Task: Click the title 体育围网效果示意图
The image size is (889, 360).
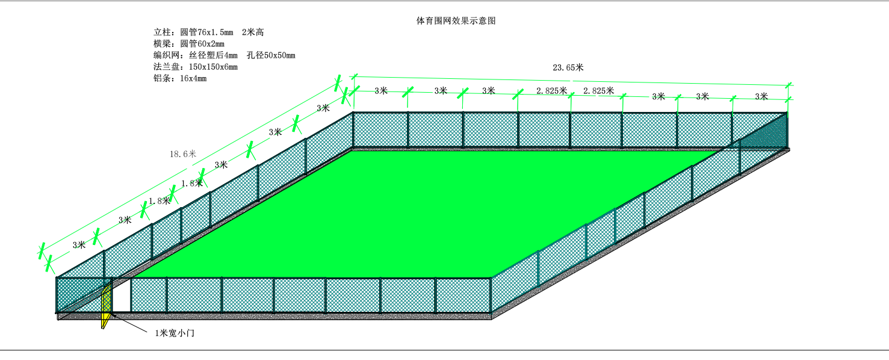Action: pos(456,20)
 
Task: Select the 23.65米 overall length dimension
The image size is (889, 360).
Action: pos(568,67)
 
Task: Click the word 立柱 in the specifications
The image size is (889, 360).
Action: pos(162,33)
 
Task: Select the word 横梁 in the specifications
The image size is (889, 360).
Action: pos(162,44)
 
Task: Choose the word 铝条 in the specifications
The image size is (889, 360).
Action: pos(162,78)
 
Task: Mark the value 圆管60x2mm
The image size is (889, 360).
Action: pos(202,44)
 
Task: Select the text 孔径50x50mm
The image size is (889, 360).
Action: pos(271,55)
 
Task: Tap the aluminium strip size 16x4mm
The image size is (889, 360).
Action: pos(193,78)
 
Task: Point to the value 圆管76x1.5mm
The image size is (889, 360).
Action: pos(206,33)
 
